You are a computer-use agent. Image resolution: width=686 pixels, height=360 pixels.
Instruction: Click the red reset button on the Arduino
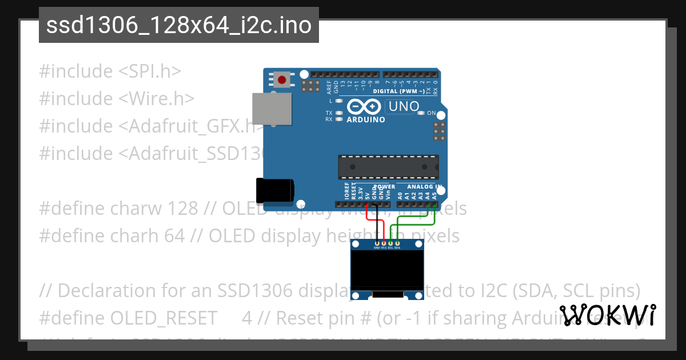tap(281, 79)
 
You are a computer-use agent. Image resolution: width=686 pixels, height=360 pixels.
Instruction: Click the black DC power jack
tap(275, 190)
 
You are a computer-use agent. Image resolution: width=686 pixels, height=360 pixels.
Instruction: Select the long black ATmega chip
tap(388, 166)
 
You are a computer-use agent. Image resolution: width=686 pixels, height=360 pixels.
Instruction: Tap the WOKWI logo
tap(608, 315)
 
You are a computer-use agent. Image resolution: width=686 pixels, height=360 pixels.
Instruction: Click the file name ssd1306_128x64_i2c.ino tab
tap(178, 25)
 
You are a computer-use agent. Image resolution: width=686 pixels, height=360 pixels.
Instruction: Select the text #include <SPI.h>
tap(110, 71)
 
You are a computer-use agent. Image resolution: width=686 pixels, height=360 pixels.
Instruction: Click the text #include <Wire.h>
tap(117, 99)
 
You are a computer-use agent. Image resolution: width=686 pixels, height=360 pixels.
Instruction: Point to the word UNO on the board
tap(404, 106)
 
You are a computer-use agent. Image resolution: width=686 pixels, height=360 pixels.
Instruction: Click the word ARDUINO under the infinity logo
tap(366, 119)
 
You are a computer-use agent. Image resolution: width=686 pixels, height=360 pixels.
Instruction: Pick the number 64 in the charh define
tap(190, 236)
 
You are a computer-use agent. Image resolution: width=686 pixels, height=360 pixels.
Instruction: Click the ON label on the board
tap(432, 113)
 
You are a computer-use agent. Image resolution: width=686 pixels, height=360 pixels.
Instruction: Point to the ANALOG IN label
tap(423, 187)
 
